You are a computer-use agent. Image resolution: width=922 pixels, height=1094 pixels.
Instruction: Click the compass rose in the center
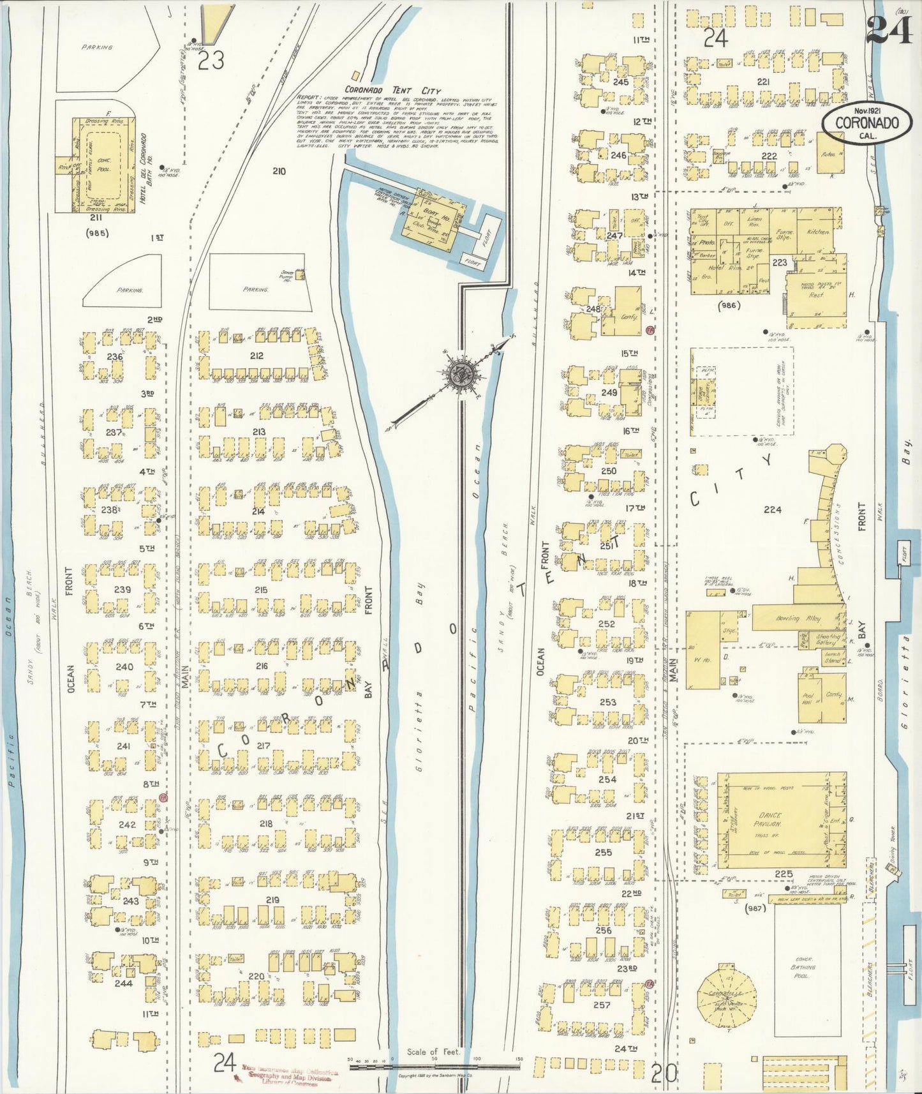459,375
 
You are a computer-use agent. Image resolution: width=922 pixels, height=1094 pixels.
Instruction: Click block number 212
257,356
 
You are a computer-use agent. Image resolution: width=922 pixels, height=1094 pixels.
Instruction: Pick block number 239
122,589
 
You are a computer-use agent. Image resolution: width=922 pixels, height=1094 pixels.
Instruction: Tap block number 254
607,779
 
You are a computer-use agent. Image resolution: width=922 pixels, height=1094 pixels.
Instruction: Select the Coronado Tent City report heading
392,91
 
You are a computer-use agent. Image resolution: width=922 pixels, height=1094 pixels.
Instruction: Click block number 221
762,82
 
